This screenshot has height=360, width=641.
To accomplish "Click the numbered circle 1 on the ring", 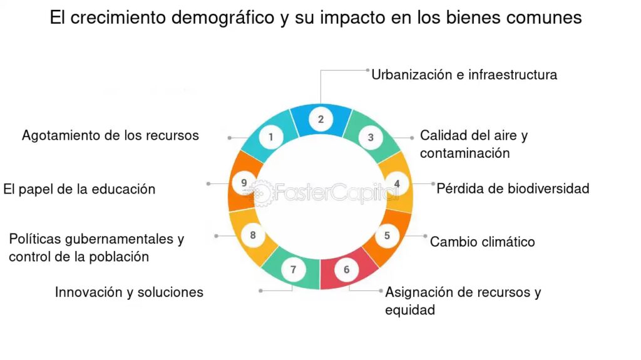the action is pyautogui.click(x=270, y=137).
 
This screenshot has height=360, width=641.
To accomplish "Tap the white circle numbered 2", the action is pyautogui.click(x=321, y=119).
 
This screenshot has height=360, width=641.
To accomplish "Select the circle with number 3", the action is pyautogui.click(x=371, y=138).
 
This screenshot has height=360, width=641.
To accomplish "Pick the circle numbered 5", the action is pyautogui.click(x=387, y=235).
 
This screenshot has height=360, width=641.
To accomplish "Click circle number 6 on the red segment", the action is pyautogui.click(x=347, y=270).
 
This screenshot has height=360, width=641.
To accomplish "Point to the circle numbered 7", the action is pyautogui.click(x=293, y=270).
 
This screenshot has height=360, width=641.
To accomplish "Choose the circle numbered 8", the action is pyautogui.click(x=253, y=235).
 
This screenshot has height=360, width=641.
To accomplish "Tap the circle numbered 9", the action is pyautogui.click(x=244, y=183).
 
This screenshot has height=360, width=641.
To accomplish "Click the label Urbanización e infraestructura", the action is pyautogui.click(x=464, y=75).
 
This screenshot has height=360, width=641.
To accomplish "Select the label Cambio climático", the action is pyautogui.click(x=483, y=242).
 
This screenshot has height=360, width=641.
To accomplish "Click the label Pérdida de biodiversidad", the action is pyautogui.click(x=513, y=188).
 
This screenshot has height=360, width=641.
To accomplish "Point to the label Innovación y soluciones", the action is pyautogui.click(x=129, y=292).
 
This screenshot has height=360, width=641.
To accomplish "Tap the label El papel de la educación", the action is pyautogui.click(x=79, y=190).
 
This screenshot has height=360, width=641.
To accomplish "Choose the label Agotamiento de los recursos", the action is pyautogui.click(x=110, y=135).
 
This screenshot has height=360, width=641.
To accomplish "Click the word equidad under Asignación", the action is pyautogui.click(x=410, y=310).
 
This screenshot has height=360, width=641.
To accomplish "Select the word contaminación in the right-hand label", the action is pyautogui.click(x=465, y=153).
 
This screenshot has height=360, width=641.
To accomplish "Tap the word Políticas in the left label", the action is pyautogui.click(x=35, y=239).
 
